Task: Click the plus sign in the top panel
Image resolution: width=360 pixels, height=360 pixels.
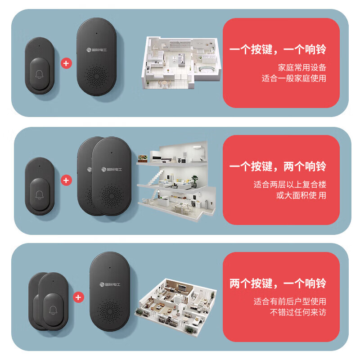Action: click(x=66, y=63)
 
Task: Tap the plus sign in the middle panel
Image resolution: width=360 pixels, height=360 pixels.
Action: click(x=66, y=180)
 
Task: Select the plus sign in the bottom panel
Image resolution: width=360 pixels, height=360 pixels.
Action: click(x=79, y=297)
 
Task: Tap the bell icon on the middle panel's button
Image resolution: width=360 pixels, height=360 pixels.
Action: click(x=40, y=194)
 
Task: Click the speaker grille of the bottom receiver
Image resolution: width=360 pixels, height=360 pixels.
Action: click(x=111, y=311)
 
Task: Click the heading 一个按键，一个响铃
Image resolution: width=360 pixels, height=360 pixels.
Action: click(x=278, y=49)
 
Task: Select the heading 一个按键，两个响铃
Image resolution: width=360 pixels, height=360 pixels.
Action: click(x=278, y=167)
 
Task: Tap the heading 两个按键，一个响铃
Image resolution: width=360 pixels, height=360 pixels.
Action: click(x=278, y=283)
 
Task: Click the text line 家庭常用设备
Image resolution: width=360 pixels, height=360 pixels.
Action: click(x=302, y=68)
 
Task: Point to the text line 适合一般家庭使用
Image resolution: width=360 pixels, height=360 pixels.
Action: click(x=294, y=78)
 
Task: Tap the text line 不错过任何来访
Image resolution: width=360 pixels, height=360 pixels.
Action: click(x=298, y=312)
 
